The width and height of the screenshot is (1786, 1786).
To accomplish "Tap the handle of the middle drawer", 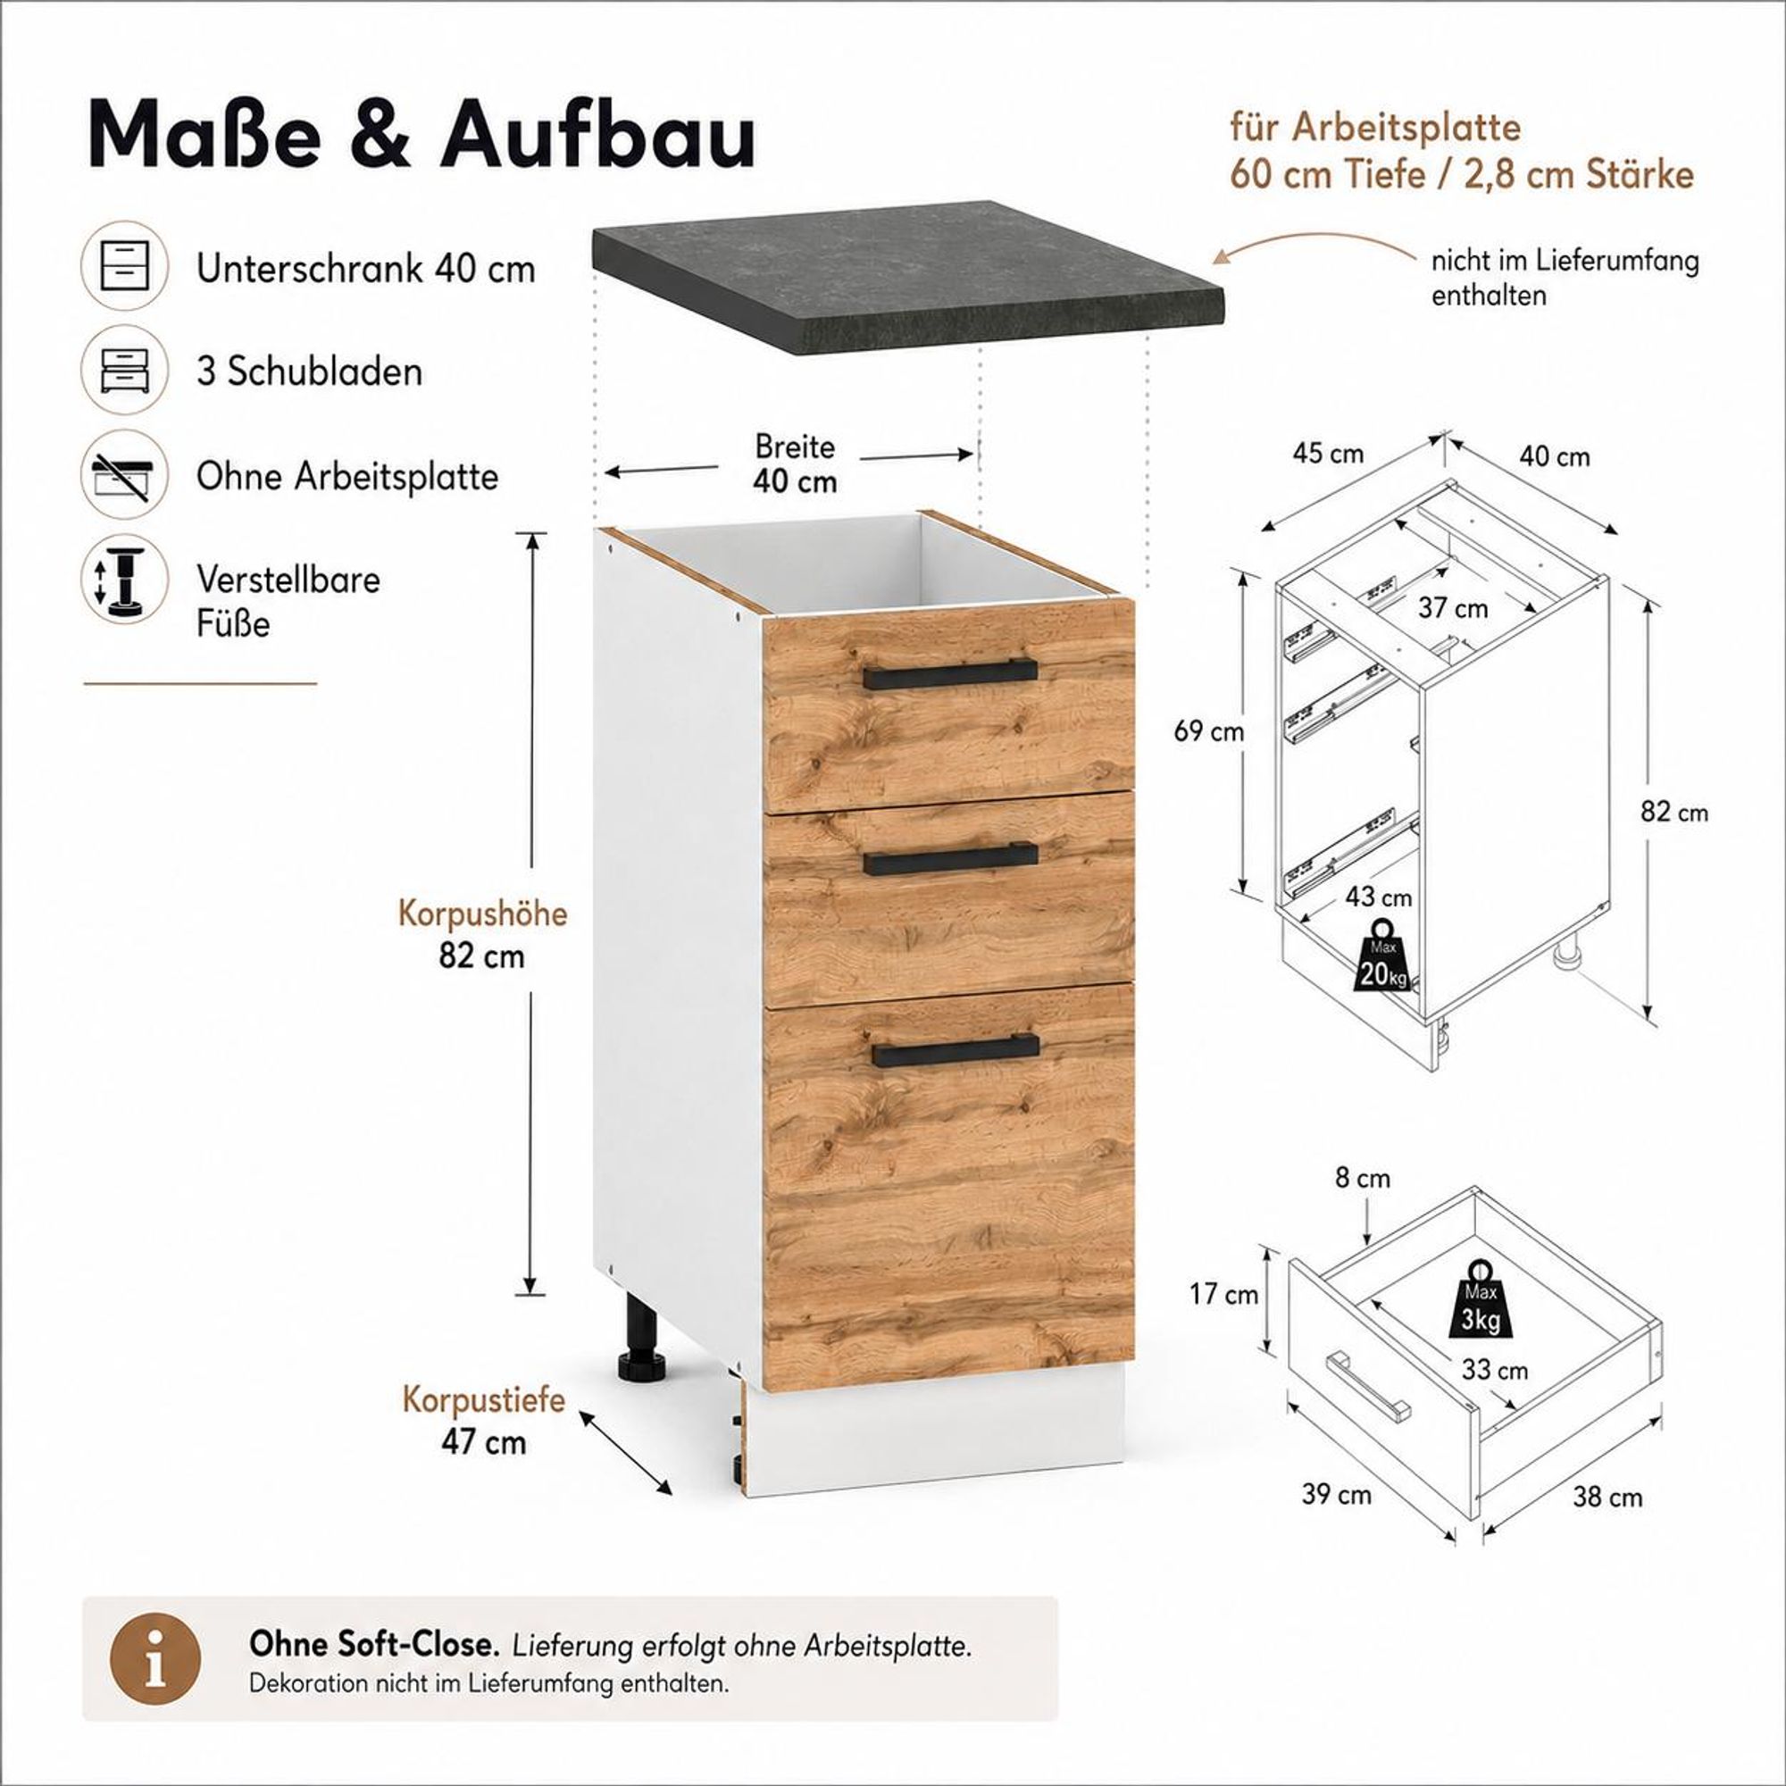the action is click(x=950, y=859).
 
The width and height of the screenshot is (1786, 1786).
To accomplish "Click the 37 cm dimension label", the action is click(x=1453, y=608).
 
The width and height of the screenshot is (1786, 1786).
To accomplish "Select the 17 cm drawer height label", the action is click(x=1224, y=1294).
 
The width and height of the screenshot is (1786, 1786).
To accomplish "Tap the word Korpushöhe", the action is click(x=482, y=914).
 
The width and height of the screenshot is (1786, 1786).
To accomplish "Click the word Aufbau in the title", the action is click(x=598, y=136).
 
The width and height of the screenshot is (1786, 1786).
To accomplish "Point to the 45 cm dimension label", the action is click(x=1329, y=454).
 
